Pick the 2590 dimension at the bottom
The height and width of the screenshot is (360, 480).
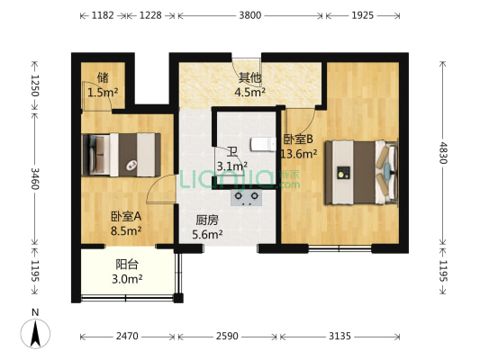pos(228,337)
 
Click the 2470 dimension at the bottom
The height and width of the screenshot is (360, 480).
pos(128,337)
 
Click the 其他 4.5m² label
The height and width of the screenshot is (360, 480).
pos(249,84)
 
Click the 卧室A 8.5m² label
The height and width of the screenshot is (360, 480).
pos(126,223)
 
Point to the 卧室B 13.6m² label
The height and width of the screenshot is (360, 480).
pos(297,147)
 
